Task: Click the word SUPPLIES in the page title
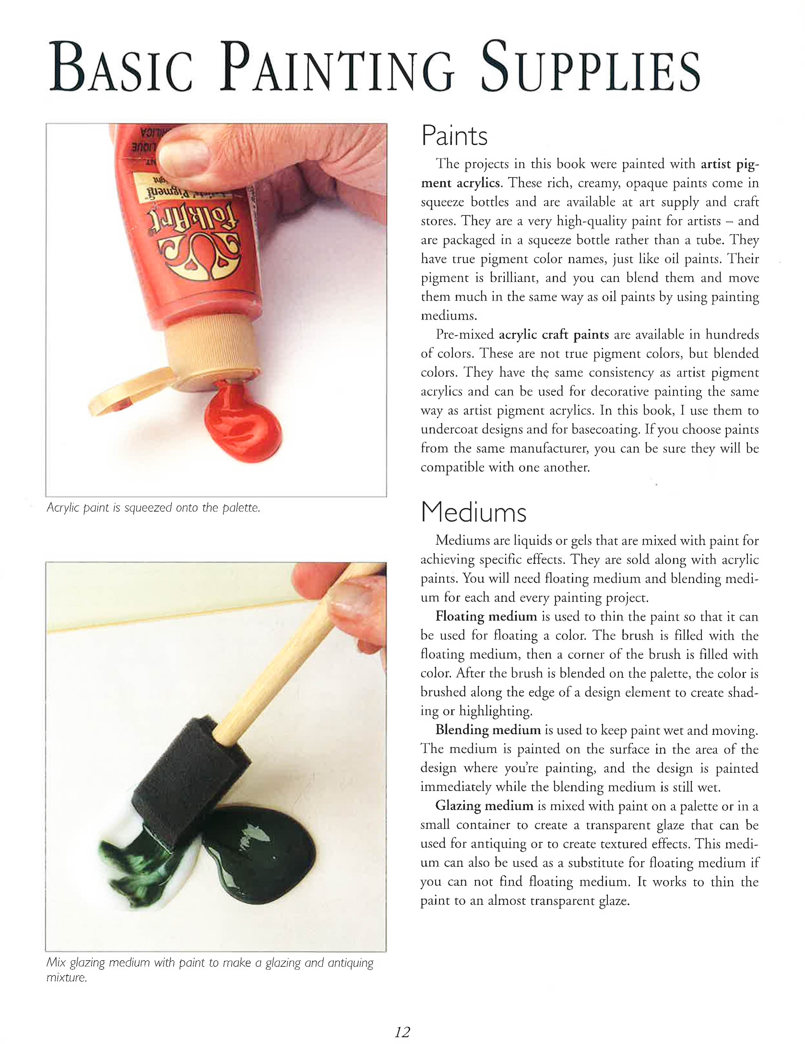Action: coord(591,67)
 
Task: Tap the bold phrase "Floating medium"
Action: coord(486,617)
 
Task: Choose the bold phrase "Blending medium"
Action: coord(488,730)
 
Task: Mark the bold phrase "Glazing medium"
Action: coord(484,805)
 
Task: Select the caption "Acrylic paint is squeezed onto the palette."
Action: coord(153,508)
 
